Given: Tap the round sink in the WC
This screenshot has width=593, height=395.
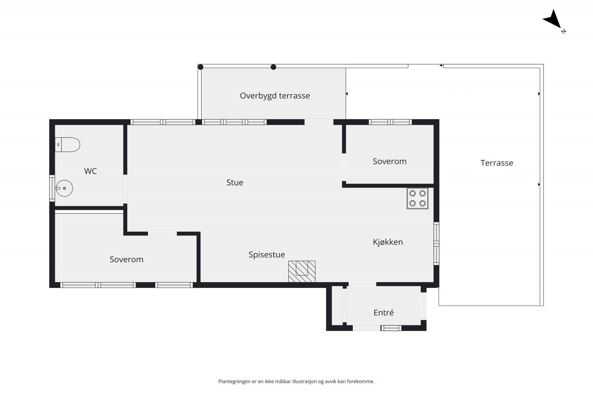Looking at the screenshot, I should [64, 188].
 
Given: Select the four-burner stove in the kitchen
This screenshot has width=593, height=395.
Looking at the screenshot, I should [417, 198].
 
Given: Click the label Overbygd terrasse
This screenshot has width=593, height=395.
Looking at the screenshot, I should [275, 96].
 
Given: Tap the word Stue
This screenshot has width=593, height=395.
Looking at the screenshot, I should [235, 182].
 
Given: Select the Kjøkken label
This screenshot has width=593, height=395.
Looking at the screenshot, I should [388, 242].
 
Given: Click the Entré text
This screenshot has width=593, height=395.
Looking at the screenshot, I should [384, 312].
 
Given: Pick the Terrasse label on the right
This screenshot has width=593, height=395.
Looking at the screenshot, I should [497, 163].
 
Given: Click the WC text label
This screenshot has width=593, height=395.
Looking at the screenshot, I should [90, 171].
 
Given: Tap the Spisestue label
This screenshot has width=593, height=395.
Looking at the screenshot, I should [266, 255].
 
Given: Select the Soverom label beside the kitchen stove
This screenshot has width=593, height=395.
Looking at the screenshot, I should [390, 161].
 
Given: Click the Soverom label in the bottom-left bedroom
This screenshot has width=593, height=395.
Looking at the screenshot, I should [126, 260].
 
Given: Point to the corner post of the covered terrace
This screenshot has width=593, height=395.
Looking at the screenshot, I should [201, 67].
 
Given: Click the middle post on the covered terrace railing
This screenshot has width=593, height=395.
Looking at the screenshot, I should [274, 67].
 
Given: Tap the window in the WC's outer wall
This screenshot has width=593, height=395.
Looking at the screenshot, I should [52, 188].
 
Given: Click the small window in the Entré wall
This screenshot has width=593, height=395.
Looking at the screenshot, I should [391, 328].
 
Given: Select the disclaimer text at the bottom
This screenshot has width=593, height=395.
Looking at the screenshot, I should [296, 381].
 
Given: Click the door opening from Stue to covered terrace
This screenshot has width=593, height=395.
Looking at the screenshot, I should [319, 122].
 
